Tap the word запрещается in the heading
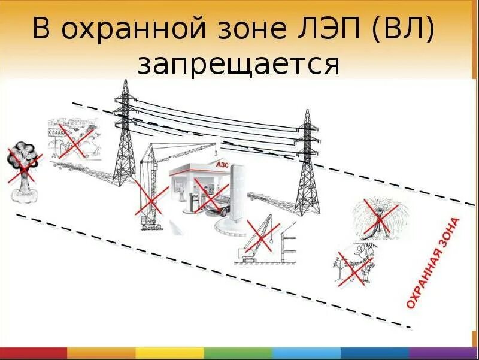point(239,63)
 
